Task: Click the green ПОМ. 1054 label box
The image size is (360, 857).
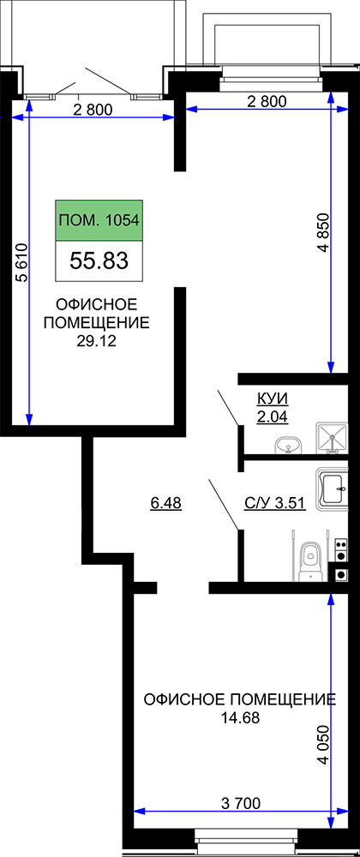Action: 99,220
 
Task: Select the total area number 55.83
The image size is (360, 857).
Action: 99,261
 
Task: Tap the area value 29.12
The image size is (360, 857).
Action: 99,341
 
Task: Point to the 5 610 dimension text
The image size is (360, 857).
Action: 21,262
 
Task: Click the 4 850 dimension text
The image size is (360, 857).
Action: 325,231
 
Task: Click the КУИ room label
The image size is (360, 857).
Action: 272,399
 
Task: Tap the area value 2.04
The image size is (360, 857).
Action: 272,417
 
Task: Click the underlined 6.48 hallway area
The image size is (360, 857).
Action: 165,502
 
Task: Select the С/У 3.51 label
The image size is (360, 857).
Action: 274,502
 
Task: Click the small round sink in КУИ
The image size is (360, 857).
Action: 287,446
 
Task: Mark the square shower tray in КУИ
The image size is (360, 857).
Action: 331,439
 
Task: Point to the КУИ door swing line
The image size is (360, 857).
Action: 228,407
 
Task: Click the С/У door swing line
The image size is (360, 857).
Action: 224,505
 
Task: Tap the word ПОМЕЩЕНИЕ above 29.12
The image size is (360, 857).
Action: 96,322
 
